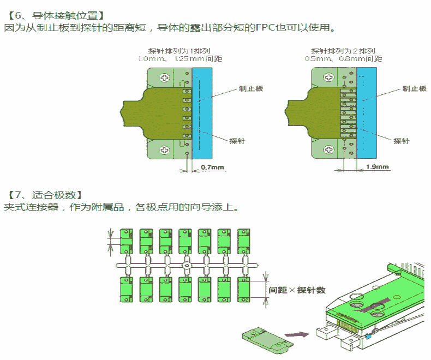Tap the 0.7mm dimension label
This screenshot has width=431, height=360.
click(x=213, y=167)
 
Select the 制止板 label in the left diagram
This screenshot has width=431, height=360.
click(x=252, y=88)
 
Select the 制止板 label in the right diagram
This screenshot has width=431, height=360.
click(x=414, y=88)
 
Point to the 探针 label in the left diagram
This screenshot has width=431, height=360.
click(x=237, y=141)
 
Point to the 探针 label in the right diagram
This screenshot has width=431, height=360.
click(x=402, y=141)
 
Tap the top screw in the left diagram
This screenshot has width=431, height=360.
click(x=164, y=78)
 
